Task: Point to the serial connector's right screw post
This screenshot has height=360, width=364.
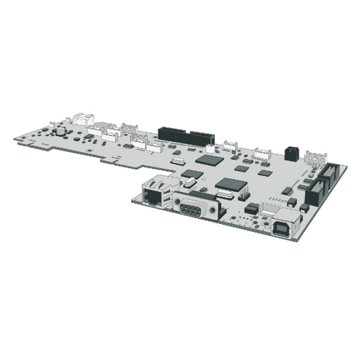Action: coord(213,214)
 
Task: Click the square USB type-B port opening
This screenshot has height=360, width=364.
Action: coord(283,225)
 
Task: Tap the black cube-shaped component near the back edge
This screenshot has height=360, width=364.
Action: coord(291,153)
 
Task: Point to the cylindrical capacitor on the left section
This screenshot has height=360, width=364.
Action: coord(61,132)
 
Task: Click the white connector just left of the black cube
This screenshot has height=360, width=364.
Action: coord(261,153)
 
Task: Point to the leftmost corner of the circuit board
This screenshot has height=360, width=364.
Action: coord(15,137)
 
